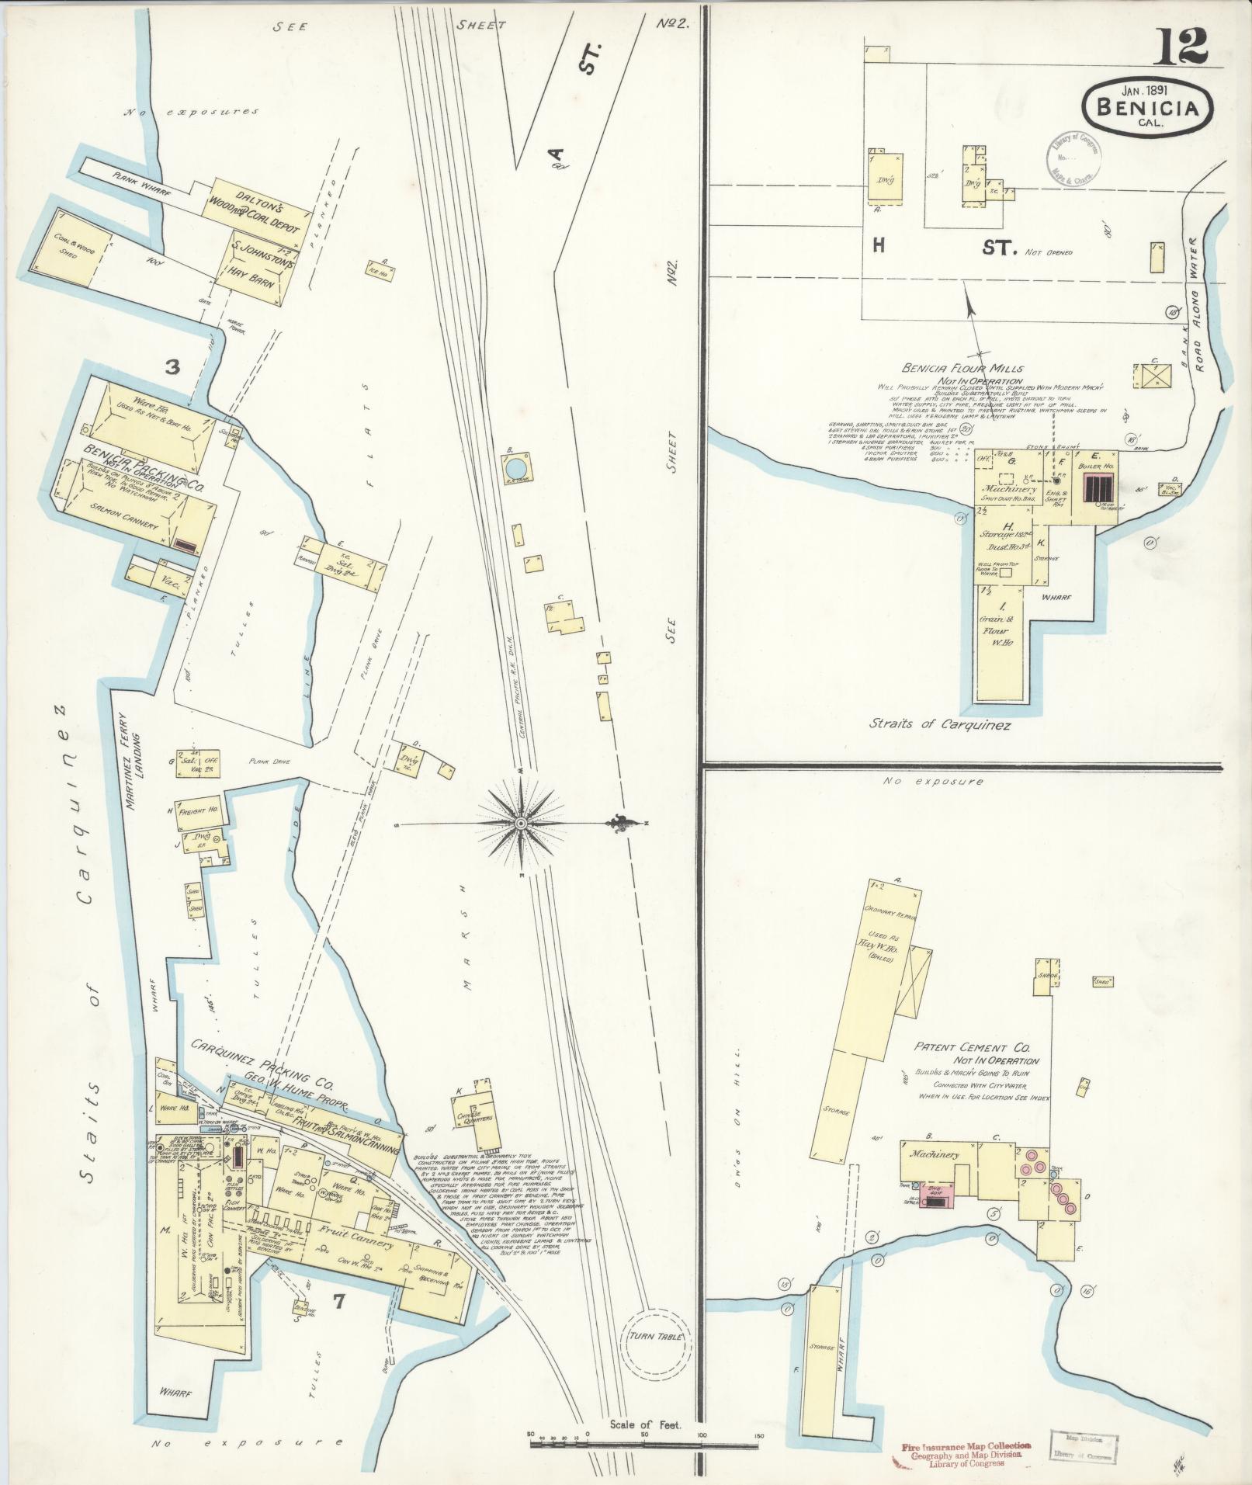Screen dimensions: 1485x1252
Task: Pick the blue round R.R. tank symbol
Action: click(x=515, y=469)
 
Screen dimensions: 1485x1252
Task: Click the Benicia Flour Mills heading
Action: click(x=962, y=369)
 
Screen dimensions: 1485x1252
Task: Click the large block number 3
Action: click(x=172, y=367)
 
